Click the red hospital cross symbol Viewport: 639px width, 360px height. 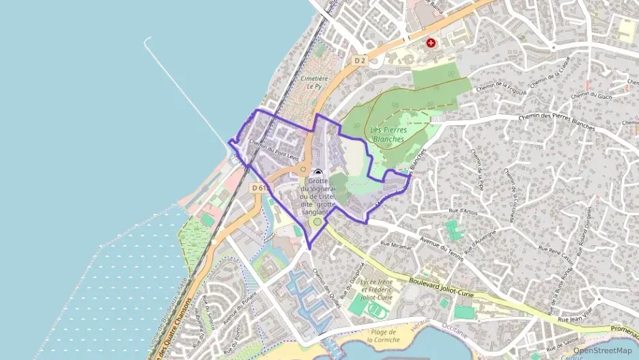click(x=431, y=42)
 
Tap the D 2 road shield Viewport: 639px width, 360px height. click(x=360, y=61)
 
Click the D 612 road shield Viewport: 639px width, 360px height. click(x=259, y=187)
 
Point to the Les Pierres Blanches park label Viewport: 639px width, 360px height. click(x=388, y=134)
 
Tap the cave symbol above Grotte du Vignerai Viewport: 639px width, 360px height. click(x=317, y=174)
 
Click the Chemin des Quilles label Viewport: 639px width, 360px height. click(x=326, y=287)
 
